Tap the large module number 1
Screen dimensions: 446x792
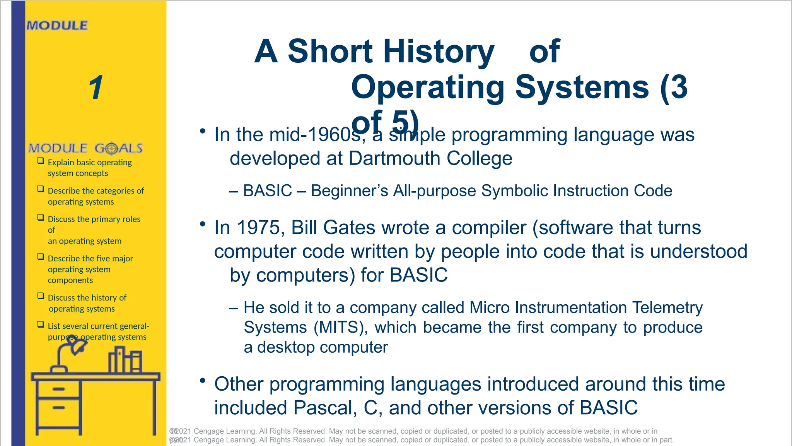tap(96, 87)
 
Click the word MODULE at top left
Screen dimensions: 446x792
tap(57, 26)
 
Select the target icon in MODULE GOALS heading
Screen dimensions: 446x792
tap(111, 148)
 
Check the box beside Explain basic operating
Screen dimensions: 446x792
tap(41, 161)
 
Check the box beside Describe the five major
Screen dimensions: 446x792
tap(41, 257)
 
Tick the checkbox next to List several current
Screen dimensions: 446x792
tap(41, 324)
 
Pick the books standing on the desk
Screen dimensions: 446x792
tap(125, 360)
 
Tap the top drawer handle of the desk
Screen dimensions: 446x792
tap(59, 389)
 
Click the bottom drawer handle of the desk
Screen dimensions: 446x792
tap(59, 408)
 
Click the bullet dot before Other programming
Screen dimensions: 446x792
tap(202, 381)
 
